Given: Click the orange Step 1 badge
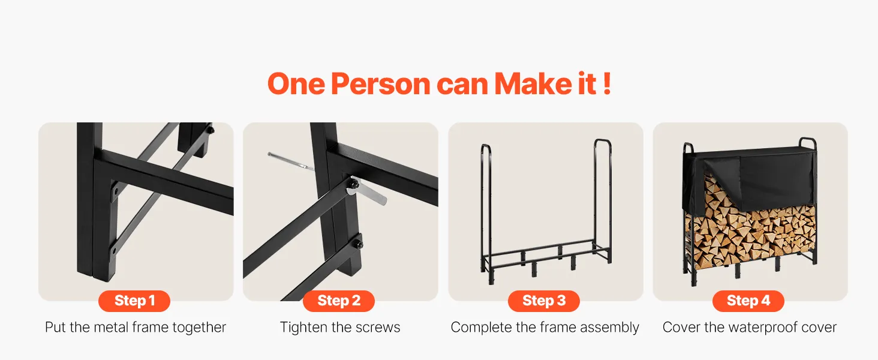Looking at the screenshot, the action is pyautogui.click(x=134, y=301).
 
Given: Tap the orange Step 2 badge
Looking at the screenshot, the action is pyautogui.click(x=339, y=301).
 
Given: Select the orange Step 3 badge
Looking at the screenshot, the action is pyautogui.click(x=544, y=301).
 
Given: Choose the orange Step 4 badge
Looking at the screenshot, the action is pyautogui.click(x=748, y=301).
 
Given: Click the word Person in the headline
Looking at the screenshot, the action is pyautogui.click(x=381, y=84).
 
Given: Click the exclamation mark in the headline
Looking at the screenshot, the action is pyautogui.click(x=607, y=83).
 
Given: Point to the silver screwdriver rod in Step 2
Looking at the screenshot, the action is pyautogui.click(x=291, y=161).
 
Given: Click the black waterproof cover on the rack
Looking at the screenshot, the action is pyautogui.click(x=748, y=177).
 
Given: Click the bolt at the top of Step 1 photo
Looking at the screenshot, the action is pyautogui.click(x=211, y=130).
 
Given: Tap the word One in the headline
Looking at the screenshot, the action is pyautogui.click(x=296, y=84).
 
